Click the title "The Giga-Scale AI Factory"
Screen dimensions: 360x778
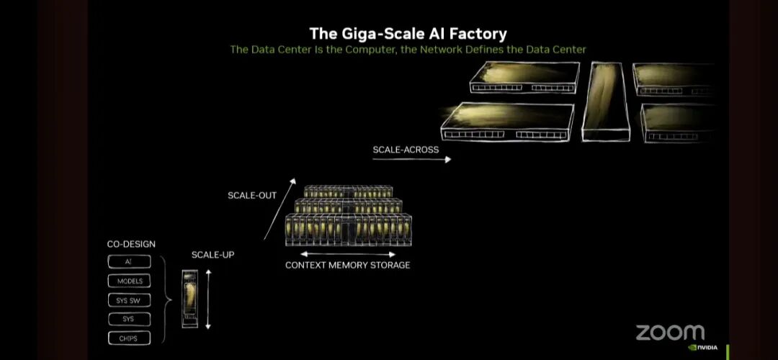[x=408, y=33]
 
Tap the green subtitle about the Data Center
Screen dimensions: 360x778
[x=408, y=50]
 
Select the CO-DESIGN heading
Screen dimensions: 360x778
[x=131, y=245]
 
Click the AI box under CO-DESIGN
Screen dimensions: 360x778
[x=129, y=262]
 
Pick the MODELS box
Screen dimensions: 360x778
[x=129, y=281]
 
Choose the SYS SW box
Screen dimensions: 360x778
[x=129, y=300]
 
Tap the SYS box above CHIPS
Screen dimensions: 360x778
[x=129, y=319]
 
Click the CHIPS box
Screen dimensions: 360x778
[x=129, y=338]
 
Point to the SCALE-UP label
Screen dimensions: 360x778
[x=213, y=255]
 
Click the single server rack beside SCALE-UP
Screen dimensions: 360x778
[x=189, y=299]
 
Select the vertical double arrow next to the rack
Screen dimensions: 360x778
[x=208, y=299]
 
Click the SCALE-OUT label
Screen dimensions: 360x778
[x=252, y=195]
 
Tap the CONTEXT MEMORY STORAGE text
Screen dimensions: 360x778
[x=348, y=265]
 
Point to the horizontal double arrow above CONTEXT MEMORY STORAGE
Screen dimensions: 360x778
[x=348, y=254]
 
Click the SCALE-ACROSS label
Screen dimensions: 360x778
[x=406, y=150]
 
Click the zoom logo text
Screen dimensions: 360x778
[x=669, y=332]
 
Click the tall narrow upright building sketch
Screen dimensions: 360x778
[x=606, y=101]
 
